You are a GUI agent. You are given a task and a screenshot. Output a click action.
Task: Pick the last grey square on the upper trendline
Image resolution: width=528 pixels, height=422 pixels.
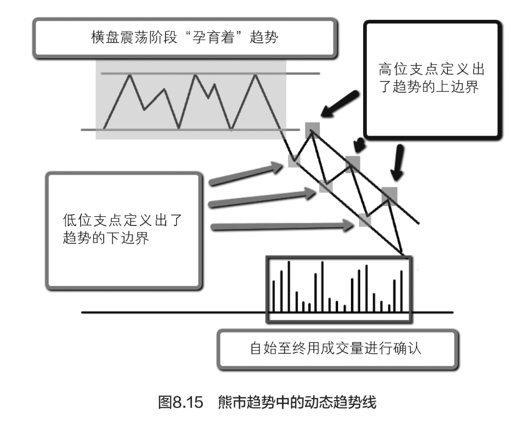[389, 194]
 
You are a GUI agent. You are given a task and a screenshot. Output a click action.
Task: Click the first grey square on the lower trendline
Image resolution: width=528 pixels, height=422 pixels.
[294, 162]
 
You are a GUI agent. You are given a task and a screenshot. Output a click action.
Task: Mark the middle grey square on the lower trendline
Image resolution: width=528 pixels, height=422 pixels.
[326, 186]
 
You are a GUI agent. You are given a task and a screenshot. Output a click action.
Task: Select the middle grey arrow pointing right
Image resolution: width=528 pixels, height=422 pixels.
[263, 198]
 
